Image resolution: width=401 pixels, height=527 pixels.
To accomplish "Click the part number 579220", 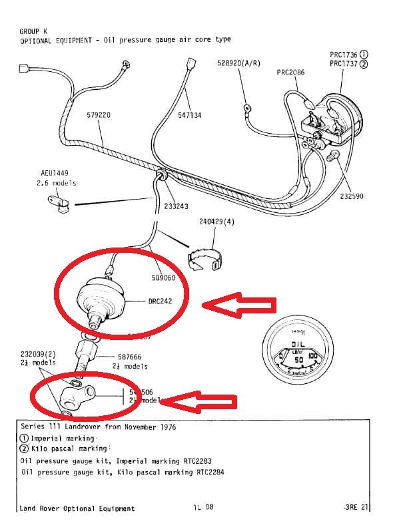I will coord(99,115).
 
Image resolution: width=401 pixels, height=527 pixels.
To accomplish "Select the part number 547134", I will coord(189,115).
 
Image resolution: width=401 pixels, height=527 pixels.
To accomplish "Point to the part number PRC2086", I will coord(290,71).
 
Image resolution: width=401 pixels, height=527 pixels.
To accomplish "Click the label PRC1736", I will coord(344,54).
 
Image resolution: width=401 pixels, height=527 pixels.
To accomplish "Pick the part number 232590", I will coord(352,196).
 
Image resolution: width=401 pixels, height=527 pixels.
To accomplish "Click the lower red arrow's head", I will coord(165,402).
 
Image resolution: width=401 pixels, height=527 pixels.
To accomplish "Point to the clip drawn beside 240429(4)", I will coord(202,262).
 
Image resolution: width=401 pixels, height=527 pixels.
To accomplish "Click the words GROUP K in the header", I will coord(34,31).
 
